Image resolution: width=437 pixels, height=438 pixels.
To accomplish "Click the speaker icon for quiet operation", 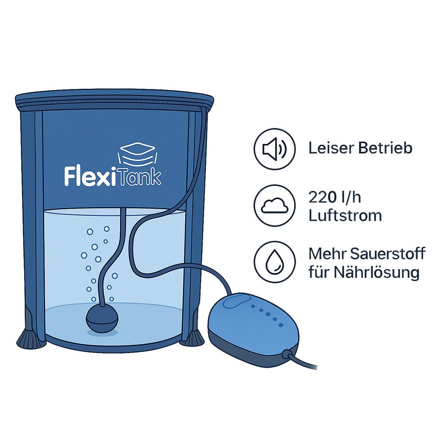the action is pos(274,149).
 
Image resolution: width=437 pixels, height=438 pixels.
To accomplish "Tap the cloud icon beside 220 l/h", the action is pos(274,205).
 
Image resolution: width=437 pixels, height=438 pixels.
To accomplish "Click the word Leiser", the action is pos(331,148).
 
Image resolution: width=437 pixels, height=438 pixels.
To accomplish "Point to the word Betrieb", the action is pos(385,148).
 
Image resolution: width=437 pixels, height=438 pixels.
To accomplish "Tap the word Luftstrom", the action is pos(345,216).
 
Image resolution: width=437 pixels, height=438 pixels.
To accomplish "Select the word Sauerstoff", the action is pos(387,254).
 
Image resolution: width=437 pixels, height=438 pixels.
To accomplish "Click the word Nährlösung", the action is pos(376,272).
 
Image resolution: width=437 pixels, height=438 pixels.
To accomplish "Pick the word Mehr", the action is pos(327,254).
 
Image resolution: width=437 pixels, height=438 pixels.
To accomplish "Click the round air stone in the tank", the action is pos(102,319).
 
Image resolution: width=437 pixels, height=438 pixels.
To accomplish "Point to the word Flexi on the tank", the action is pos(90,176).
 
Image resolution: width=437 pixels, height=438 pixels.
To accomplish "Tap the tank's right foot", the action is pos(196,339).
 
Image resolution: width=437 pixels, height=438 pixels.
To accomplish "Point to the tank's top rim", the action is pos(114,100).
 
